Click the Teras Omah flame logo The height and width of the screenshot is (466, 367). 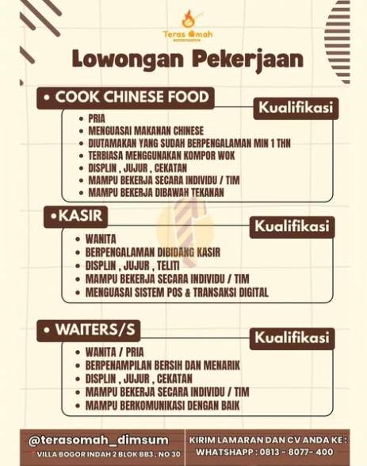(187, 19)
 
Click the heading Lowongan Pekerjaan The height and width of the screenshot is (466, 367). (187, 60)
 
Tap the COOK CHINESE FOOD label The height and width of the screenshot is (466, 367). (125, 98)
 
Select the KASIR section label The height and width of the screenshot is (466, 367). (75, 216)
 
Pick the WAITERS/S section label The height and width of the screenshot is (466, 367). (88, 330)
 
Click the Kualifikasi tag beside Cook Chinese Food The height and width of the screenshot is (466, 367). (296, 108)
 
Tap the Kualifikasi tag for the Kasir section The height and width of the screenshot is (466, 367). (291, 227)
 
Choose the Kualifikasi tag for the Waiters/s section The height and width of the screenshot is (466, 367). (291, 338)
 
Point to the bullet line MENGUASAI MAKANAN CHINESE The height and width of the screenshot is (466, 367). (146, 131)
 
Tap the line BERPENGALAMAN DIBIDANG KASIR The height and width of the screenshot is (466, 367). (152, 252)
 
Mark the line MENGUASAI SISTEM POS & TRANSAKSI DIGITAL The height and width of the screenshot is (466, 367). (177, 292)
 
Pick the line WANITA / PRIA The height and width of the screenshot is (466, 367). (114, 352)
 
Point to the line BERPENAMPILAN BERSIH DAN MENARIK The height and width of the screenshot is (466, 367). (162, 365)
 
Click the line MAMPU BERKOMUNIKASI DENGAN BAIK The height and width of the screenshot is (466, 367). (162, 406)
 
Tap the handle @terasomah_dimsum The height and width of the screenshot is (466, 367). (99, 440)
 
